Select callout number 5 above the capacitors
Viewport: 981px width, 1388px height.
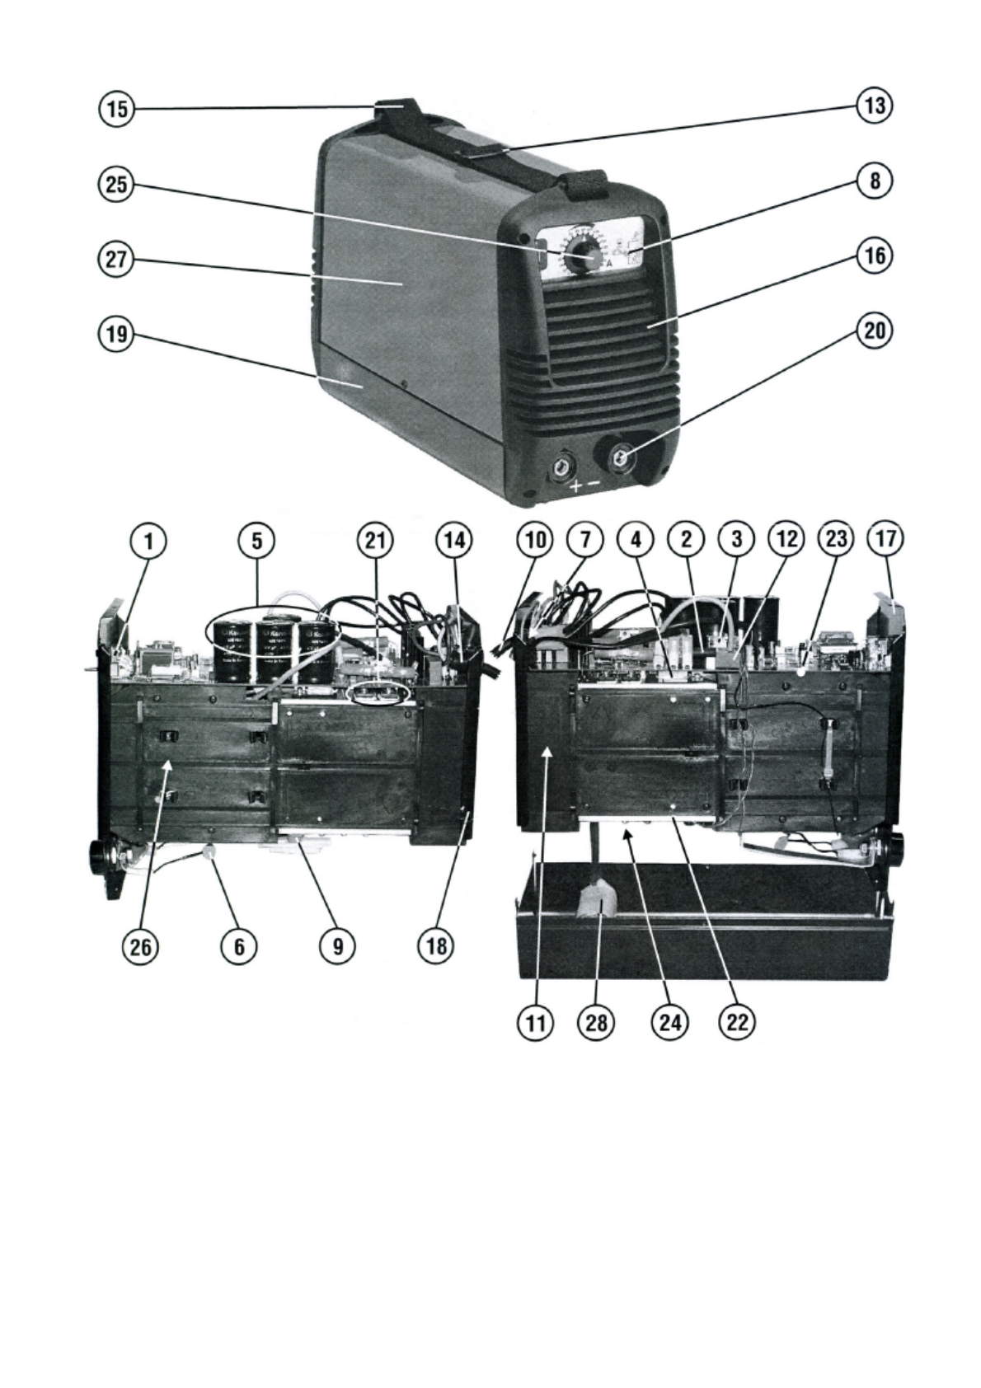(x=257, y=541)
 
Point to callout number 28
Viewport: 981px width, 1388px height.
(x=597, y=1023)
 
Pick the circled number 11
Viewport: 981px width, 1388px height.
(x=536, y=1023)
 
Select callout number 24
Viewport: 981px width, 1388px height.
(x=668, y=1023)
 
